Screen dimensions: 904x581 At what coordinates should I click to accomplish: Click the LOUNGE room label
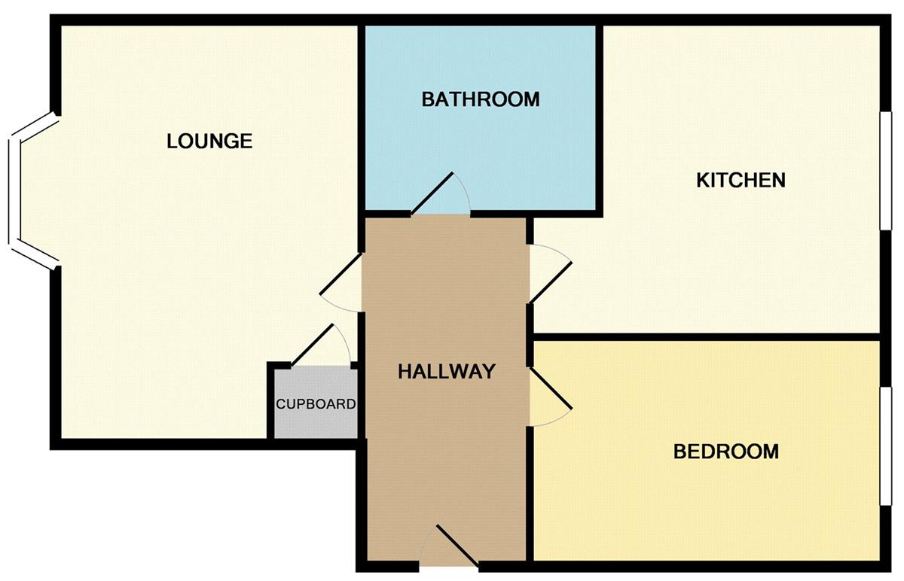pyautogui.click(x=209, y=141)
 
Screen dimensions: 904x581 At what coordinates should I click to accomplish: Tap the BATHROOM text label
pyautogui.click(x=481, y=99)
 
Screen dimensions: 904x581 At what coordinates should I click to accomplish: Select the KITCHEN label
pyautogui.click(x=741, y=180)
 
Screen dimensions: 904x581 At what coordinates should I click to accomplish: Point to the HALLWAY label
pyautogui.click(x=447, y=371)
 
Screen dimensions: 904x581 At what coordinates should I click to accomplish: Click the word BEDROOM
pyautogui.click(x=726, y=452)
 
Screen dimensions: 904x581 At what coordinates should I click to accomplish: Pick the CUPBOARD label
pyautogui.click(x=316, y=404)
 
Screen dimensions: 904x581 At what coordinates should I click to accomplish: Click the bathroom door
pyautogui.click(x=432, y=194)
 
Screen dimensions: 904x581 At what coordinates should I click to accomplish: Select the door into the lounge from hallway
pyautogui.click(x=341, y=274)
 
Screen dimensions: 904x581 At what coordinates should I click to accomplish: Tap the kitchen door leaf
pyautogui.click(x=551, y=283)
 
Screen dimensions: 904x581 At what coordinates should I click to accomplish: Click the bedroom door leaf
pyautogui.click(x=551, y=388)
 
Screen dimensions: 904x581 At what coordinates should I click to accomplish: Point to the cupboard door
pyautogui.click(x=313, y=345)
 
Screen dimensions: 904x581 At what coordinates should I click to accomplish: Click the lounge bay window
pyautogui.click(x=14, y=191)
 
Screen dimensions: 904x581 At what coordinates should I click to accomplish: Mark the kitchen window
pyautogui.click(x=886, y=171)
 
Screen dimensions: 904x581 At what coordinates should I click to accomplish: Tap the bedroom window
pyautogui.click(x=886, y=446)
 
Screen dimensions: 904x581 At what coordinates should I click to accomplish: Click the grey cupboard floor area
pyautogui.click(x=316, y=419)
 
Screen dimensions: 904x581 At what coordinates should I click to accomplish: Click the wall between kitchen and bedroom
pyautogui.click(x=707, y=337)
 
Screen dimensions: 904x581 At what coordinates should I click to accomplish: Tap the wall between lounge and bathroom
pyautogui.click(x=362, y=139)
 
